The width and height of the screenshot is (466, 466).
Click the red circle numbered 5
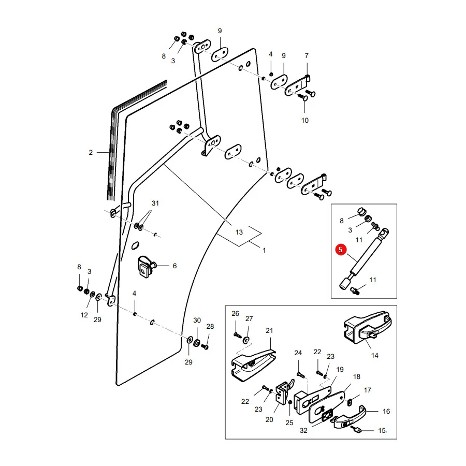click(x=341, y=250)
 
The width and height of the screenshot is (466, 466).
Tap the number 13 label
click(x=239, y=232)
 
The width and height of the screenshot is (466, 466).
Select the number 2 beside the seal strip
click(x=91, y=152)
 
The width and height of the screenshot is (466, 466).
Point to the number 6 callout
click(x=175, y=266)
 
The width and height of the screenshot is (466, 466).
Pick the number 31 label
click(x=155, y=203)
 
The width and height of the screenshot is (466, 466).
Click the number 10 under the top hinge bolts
click(x=305, y=120)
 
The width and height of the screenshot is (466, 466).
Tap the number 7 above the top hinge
click(x=307, y=55)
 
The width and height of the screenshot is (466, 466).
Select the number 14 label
click(x=375, y=355)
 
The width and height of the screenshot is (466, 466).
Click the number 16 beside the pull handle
click(x=386, y=411)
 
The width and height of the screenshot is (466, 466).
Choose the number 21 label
click(x=269, y=330)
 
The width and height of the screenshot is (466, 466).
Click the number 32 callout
click(x=303, y=430)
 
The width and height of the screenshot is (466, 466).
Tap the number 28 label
click(x=210, y=326)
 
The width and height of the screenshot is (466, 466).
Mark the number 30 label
click(x=197, y=320)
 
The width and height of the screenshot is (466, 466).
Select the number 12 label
click(x=84, y=315)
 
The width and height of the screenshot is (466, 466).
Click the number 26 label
click(x=236, y=314)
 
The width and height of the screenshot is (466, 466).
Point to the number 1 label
click(x=264, y=251)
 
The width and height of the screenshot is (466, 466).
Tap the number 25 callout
click(x=289, y=423)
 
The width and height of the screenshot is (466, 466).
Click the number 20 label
click(x=269, y=419)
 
